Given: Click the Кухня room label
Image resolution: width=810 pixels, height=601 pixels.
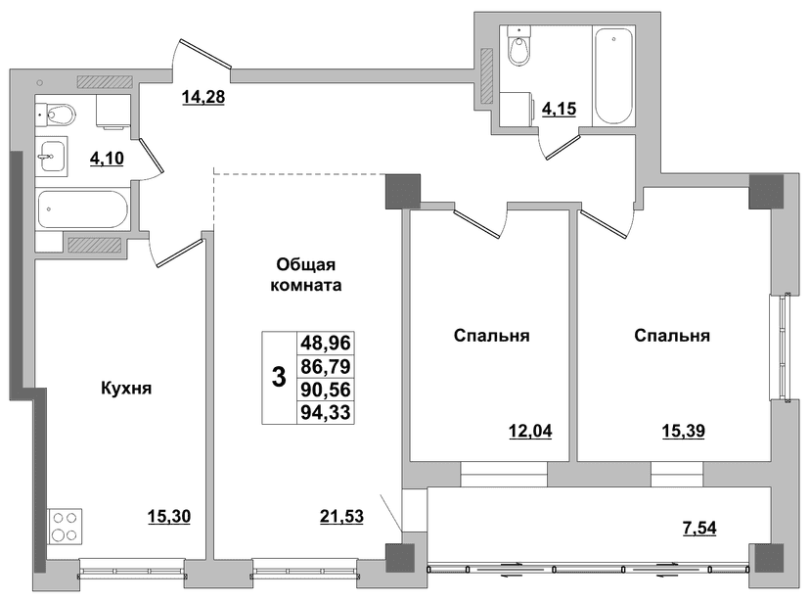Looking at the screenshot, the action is (126, 388).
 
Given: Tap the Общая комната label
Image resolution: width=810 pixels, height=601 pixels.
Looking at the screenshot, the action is (306, 275).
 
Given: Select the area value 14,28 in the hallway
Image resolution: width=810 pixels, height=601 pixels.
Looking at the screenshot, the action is (203, 97).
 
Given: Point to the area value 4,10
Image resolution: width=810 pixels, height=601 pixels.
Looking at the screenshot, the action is (107, 159).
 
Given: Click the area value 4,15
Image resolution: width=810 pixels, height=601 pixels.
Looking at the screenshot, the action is (559, 109).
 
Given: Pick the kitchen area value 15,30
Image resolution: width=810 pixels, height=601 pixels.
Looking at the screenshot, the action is (169, 516).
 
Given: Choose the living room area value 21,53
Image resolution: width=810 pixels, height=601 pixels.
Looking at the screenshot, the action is (342, 516).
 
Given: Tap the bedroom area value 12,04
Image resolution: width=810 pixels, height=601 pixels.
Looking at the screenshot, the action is (530, 431).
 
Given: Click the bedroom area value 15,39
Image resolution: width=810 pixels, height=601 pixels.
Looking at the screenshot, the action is (684, 431).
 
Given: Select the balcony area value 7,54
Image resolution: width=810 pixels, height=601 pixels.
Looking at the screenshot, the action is (699, 529).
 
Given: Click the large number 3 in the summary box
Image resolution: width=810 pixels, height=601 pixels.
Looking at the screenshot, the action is (279, 377).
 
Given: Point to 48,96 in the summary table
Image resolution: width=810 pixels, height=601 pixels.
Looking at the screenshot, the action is (326, 343).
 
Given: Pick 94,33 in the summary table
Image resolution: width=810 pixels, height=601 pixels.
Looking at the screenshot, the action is (326, 412).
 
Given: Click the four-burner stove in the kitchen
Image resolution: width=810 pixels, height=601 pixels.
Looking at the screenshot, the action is (65, 527).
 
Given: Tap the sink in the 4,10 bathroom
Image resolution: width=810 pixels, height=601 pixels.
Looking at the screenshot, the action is (51, 156).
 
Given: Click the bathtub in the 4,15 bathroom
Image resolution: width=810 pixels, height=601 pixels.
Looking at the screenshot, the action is (613, 76).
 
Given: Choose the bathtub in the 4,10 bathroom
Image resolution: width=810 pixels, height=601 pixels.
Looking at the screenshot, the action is (82, 209).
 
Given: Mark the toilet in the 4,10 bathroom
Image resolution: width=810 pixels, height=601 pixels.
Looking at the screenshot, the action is (57, 115).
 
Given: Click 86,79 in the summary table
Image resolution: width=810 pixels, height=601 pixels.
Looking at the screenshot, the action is (326, 366).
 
